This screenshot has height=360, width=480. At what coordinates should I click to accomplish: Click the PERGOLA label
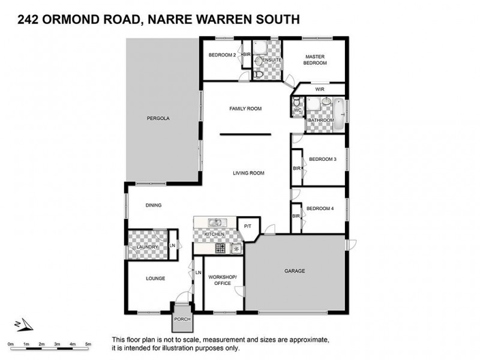point(158,118)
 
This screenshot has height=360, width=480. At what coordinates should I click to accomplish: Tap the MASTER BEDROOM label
point(314,59)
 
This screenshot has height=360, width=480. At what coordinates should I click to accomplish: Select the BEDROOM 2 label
point(222,55)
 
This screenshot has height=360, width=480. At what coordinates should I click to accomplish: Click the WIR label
point(319,89)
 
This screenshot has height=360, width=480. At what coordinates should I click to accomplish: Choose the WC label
point(297,110)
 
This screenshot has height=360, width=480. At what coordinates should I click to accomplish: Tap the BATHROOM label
point(321,120)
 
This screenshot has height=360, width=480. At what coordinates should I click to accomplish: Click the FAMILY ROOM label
point(246,109)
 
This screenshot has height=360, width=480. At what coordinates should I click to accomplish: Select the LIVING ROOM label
point(248,173)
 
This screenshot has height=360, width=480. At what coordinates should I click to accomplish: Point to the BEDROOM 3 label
point(322,159)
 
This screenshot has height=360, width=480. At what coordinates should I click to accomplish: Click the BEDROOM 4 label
point(320,208)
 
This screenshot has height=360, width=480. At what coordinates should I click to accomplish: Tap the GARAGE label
point(295,271)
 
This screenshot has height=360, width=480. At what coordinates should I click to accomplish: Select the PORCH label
point(181,319)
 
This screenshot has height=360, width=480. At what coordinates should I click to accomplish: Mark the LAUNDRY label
point(148,247)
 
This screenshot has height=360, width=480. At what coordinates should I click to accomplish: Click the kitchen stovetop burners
point(220,247)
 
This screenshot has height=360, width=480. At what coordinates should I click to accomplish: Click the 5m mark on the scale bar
point(88,343)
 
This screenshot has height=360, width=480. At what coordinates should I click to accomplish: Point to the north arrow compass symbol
point(23,324)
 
